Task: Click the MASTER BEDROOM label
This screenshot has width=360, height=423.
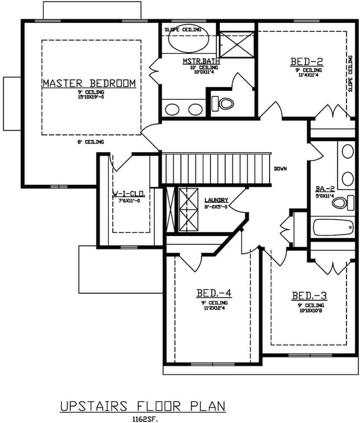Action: pos(89,83)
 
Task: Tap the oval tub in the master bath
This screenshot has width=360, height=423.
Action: pos(188,40)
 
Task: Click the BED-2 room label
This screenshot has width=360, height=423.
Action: pos(306,62)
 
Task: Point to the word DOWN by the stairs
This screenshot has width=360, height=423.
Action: pos(280,169)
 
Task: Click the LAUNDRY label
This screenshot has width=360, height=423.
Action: pos(216,200)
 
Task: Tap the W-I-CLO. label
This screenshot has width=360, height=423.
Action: pos(129,195)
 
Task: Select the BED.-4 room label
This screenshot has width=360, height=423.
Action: pos(214,293)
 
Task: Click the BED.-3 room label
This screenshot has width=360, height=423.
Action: pos(309,295)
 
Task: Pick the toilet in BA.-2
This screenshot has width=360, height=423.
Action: pos(341,203)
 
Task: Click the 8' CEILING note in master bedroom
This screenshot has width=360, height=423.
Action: pos(90,142)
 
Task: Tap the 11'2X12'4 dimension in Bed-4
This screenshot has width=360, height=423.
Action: pos(214,308)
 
